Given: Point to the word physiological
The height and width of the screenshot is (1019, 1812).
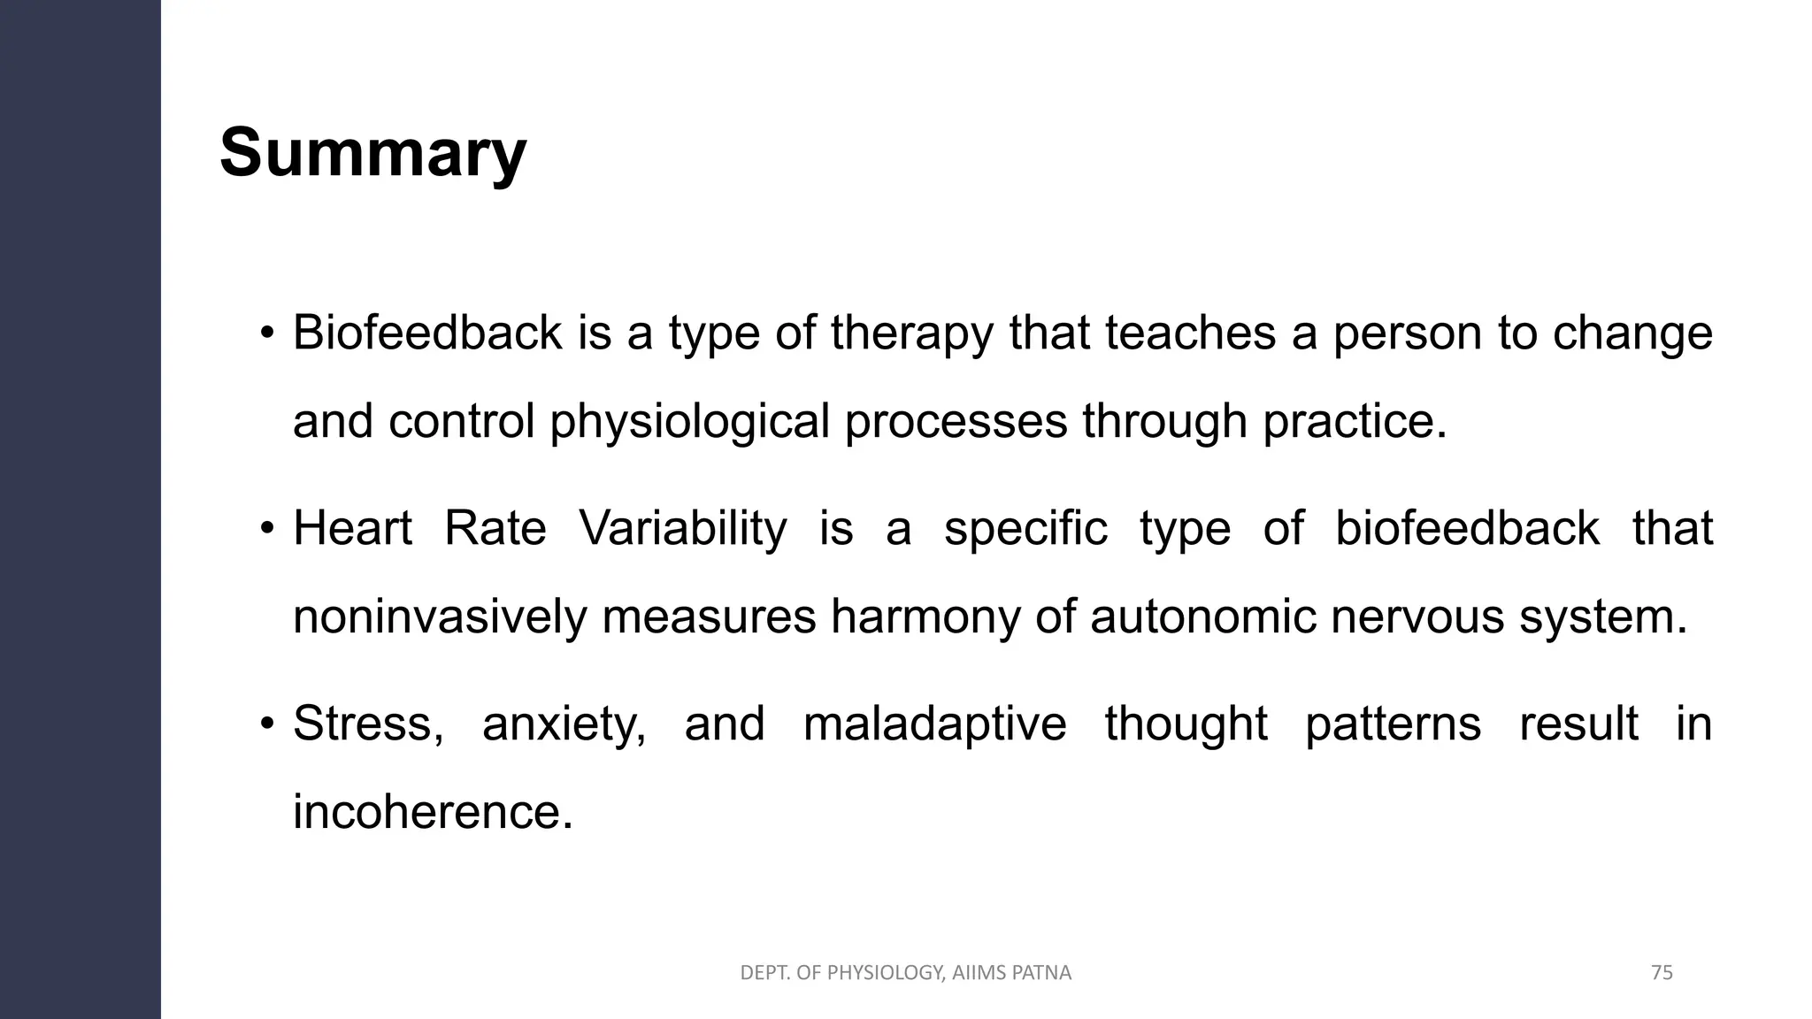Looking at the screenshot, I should click(x=689, y=422).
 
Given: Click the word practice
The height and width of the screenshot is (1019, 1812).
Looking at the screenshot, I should click(x=1354, y=421).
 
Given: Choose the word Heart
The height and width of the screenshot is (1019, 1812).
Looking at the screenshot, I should click(x=352, y=529).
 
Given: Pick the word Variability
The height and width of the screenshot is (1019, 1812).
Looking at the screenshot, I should click(x=682, y=529).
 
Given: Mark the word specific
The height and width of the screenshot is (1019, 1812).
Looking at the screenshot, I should click(x=1025, y=529).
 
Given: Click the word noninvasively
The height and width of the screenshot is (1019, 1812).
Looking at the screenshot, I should click(x=440, y=617).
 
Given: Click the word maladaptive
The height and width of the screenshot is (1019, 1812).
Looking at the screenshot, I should click(x=934, y=724).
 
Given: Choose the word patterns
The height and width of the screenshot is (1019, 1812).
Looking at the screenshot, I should click(x=1393, y=724).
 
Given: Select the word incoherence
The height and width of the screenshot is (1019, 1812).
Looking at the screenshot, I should click(x=433, y=812).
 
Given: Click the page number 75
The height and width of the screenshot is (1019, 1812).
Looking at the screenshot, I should click(x=1662, y=973).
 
